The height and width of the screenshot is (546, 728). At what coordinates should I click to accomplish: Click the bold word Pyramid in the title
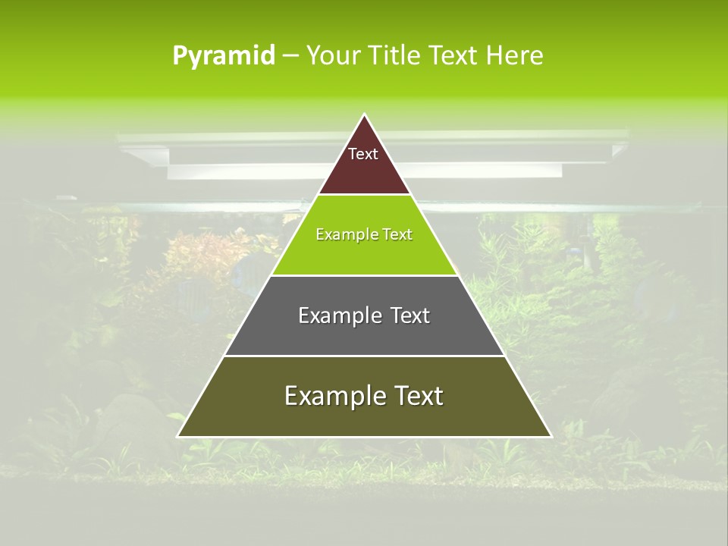[x=224, y=56]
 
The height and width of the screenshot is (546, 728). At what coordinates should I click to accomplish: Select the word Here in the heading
[x=515, y=56]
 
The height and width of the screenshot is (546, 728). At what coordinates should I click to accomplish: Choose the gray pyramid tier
[x=364, y=334]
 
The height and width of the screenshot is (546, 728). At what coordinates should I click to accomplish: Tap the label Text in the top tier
[x=363, y=154]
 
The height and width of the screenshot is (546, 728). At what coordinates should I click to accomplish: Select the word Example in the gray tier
[x=338, y=315]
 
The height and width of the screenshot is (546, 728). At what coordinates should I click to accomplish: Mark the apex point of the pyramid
[x=365, y=115]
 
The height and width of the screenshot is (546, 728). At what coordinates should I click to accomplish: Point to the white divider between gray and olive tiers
[x=364, y=356]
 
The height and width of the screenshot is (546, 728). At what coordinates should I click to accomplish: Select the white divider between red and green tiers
[x=364, y=195]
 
